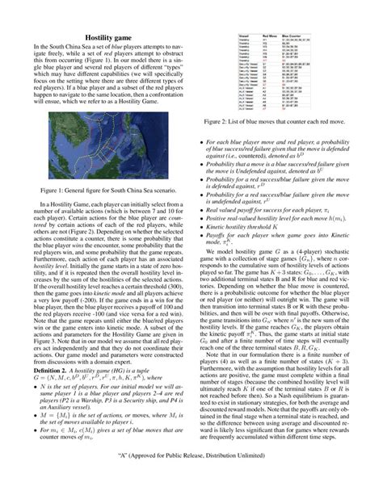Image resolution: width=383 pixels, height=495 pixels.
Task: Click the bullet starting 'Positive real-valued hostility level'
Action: click(283, 218)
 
